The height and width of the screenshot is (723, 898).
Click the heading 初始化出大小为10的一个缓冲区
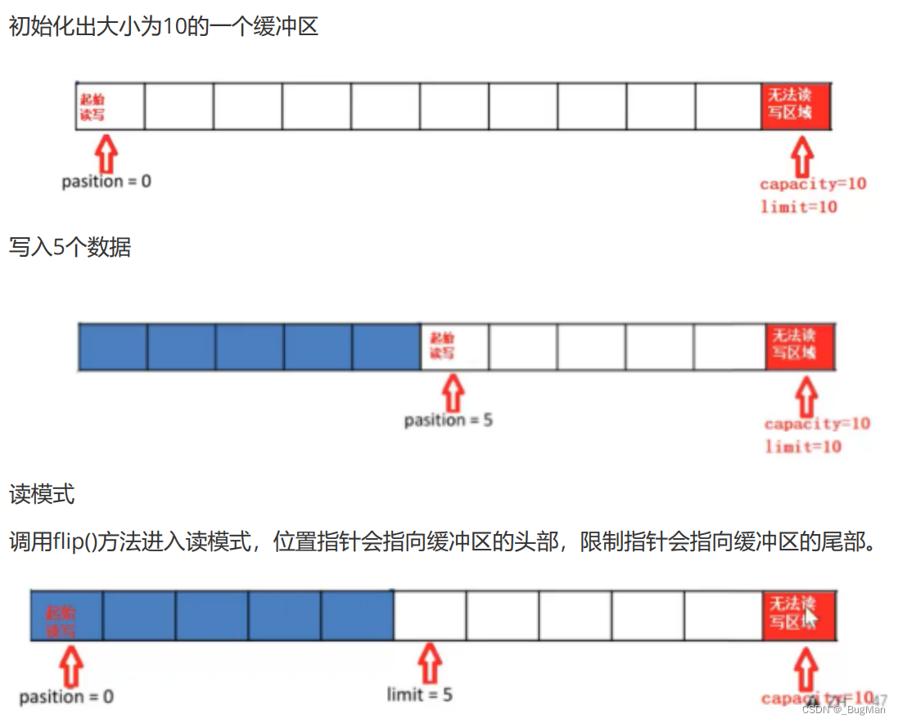(163, 26)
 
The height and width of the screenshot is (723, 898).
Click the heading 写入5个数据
(70, 247)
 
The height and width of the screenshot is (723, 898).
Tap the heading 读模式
(42, 495)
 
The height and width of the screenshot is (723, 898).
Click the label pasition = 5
(448, 420)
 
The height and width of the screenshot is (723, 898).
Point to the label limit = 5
(419, 695)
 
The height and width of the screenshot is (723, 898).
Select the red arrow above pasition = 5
(452, 393)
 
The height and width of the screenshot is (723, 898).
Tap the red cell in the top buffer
(796, 106)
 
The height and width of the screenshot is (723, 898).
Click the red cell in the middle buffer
(800, 346)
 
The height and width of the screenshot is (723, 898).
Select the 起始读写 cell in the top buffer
(110, 106)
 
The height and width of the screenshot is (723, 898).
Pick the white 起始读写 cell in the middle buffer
(454, 346)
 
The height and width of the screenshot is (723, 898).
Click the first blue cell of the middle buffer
(112, 346)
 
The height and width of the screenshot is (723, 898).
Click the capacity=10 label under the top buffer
(812, 183)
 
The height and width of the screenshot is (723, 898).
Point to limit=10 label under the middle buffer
(803, 447)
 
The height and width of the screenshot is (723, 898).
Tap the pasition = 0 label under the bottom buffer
(66, 697)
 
